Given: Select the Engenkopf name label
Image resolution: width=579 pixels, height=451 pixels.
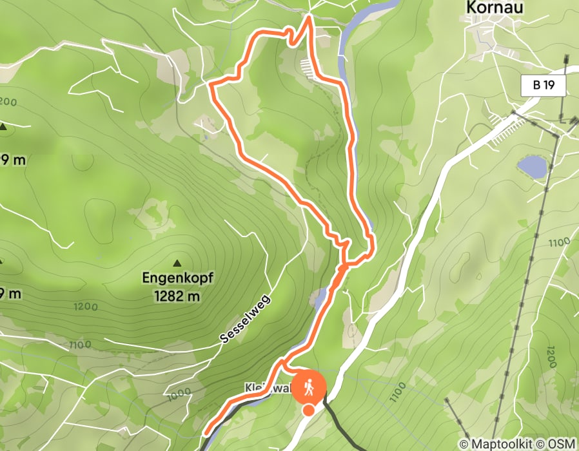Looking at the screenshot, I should [x=177, y=280].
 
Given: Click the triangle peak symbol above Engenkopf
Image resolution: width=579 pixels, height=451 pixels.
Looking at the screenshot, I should [x=177, y=263].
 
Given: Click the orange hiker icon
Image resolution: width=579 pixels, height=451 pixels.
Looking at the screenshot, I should [x=309, y=388].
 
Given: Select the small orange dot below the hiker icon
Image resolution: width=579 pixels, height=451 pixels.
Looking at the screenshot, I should [x=309, y=410].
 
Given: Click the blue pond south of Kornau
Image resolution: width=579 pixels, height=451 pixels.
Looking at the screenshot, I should [x=531, y=166].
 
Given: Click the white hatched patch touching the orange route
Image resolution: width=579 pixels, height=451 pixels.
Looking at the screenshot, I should [x=310, y=66].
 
